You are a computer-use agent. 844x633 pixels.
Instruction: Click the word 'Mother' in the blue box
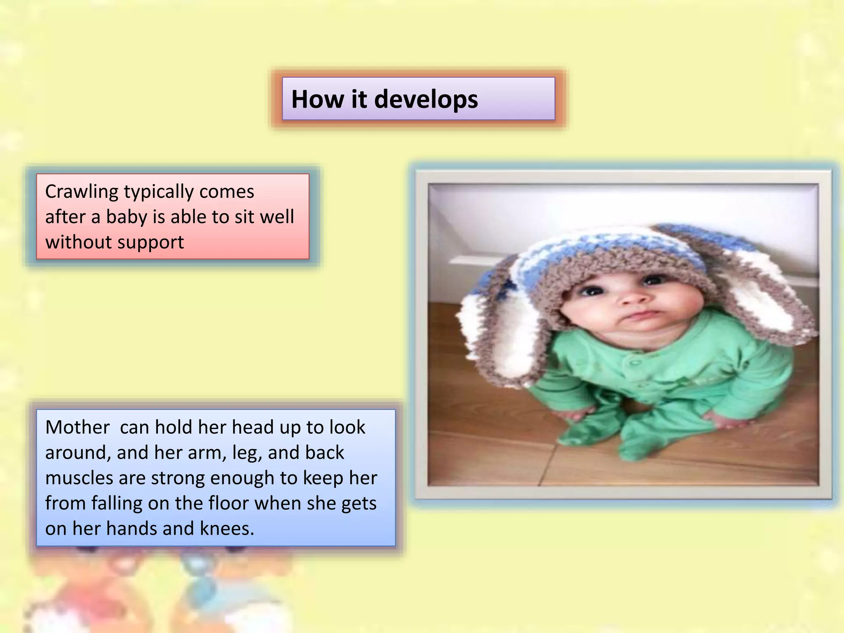tap(77, 427)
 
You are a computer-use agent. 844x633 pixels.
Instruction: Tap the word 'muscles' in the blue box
tap(79, 478)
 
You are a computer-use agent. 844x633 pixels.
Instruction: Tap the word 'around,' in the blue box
tap(78, 453)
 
